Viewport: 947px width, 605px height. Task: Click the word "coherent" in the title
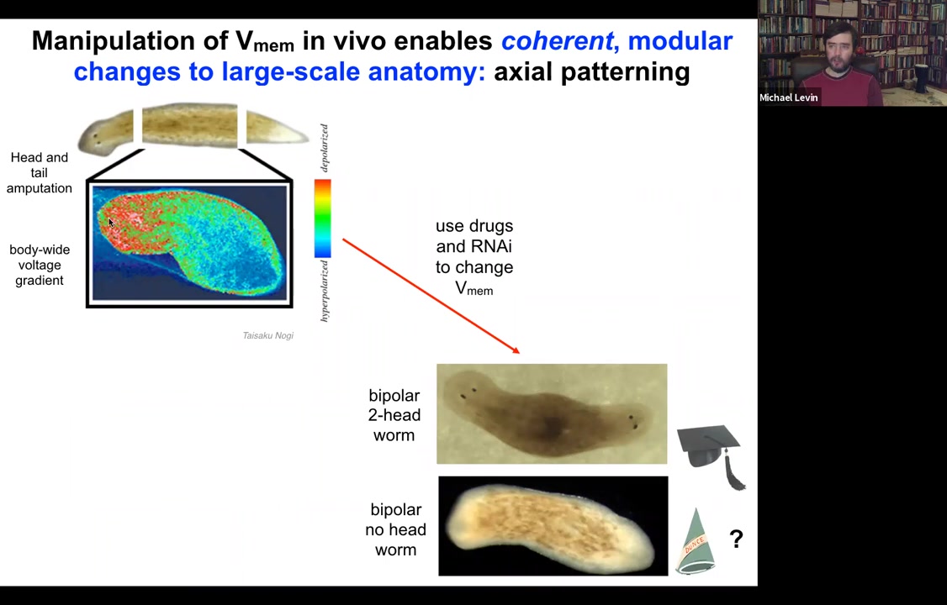click(558, 41)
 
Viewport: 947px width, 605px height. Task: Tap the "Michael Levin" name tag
click(789, 97)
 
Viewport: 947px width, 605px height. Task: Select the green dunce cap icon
click(696, 541)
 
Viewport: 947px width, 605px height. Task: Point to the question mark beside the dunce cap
click(736, 538)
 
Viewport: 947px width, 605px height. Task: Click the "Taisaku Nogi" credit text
click(268, 335)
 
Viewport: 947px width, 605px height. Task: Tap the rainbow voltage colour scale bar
click(322, 218)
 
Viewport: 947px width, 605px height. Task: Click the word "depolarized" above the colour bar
click(325, 147)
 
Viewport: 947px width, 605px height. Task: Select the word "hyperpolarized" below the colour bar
click(325, 291)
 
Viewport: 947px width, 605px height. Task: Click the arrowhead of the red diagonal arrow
click(516, 350)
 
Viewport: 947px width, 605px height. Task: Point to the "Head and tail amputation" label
click(40, 172)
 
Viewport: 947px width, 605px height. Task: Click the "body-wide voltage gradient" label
click(40, 265)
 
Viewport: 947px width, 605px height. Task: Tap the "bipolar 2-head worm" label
click(394, 415)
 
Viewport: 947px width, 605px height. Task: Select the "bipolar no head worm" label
click(395, 529)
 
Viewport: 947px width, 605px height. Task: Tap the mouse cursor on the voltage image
click(111, 223)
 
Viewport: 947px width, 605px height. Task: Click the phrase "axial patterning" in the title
click(592, 71)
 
